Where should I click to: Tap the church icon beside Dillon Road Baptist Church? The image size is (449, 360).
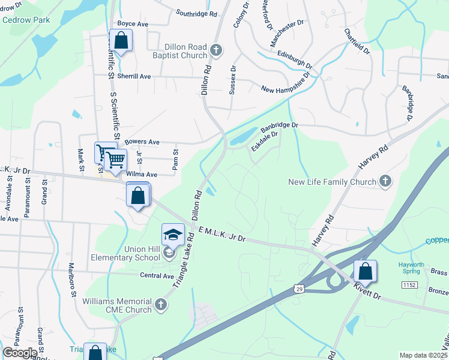(x=216, y=50)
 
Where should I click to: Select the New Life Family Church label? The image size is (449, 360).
(x=332, y=181)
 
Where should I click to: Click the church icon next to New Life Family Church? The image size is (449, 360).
(x=385, y=181)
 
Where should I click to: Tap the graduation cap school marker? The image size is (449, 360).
(x=173, y=235)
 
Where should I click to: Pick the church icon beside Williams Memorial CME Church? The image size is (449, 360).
(x=160, y=305)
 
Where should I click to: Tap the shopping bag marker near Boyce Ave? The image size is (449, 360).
(x=121, y=41)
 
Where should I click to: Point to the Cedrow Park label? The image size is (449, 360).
(x=26, y=20)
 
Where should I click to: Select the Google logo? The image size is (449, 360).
(x=20, y=352)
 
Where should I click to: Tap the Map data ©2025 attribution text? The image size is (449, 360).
(x=423, y=355)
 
